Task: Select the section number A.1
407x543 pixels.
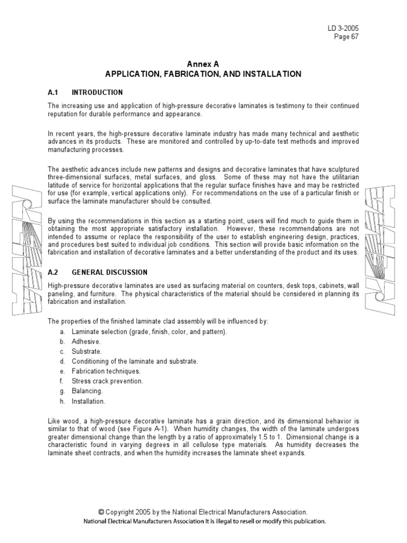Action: click(52, 92)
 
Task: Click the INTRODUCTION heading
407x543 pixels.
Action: click(97, 92)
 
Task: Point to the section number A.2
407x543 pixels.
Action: click(52, 272)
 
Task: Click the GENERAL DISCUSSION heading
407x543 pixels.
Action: click(110, 272)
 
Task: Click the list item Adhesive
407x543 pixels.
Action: click(86, 341)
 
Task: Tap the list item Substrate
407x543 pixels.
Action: click(86, 351)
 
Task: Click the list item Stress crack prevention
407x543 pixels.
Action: click(108, 381)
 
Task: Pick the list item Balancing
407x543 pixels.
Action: click(87, 391)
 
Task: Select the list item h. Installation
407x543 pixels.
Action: click(89, 401)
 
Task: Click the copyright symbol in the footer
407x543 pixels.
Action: click(101, 512)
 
